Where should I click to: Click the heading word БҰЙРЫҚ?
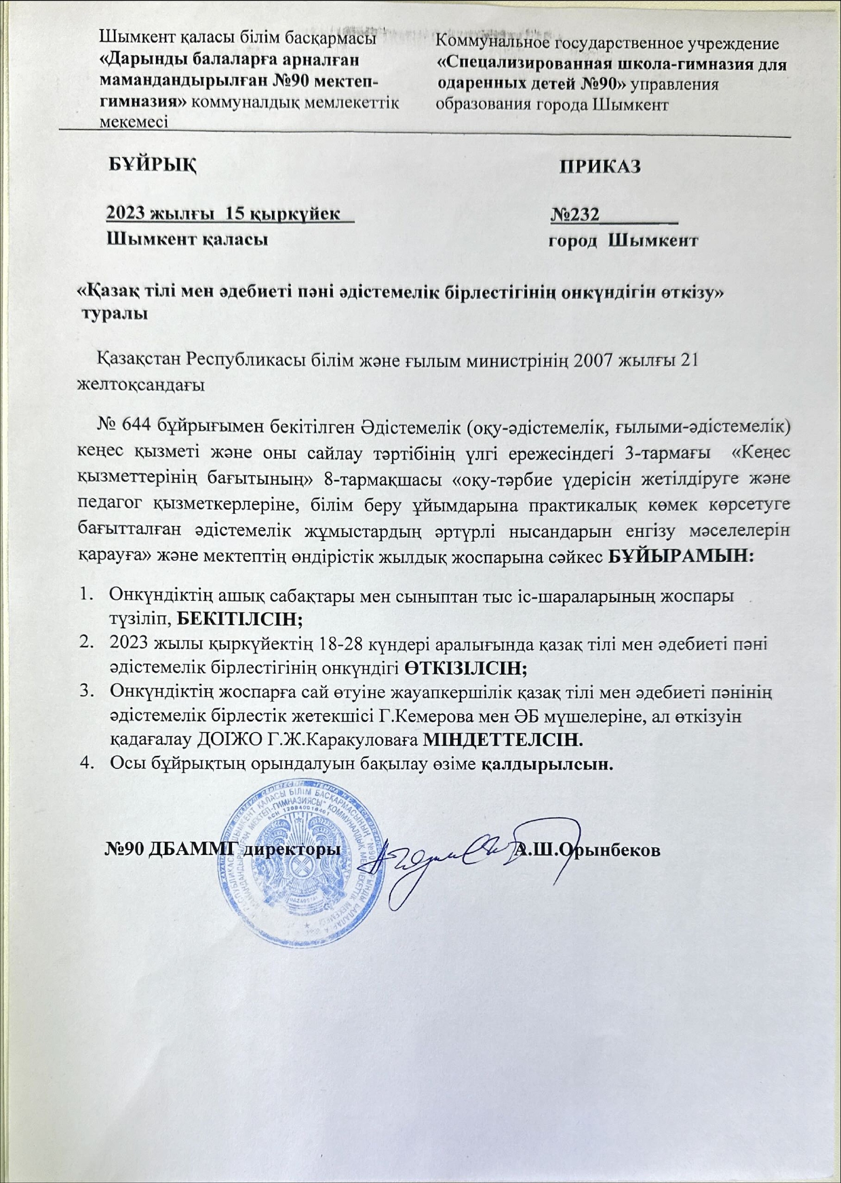tap(152, 165)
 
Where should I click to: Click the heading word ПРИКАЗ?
tap(600, 166)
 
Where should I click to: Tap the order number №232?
tap(574, 214)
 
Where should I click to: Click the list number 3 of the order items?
tap(85, 691)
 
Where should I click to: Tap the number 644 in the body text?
tap(138, 426)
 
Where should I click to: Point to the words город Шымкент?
tap(623, 240)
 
